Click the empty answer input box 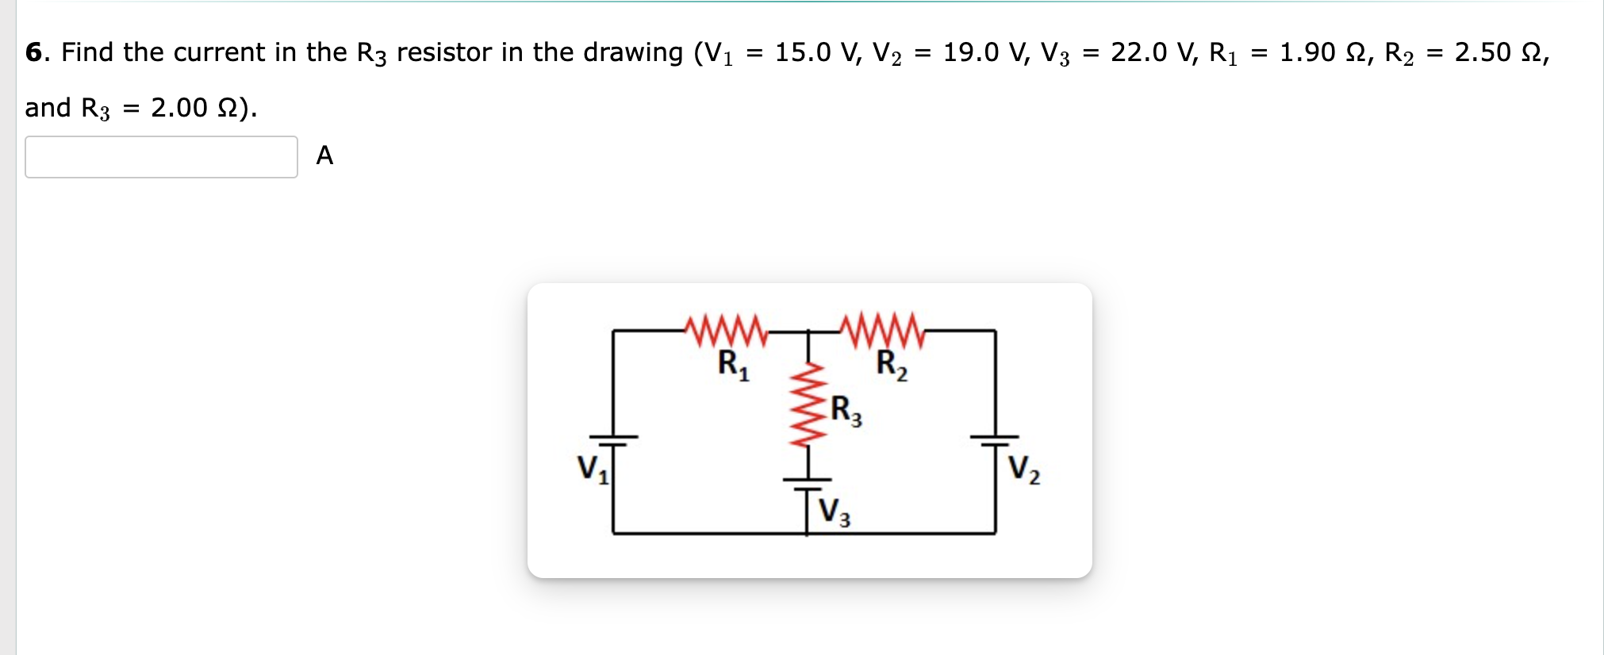161,157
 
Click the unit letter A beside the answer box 324,155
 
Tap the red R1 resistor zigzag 726,331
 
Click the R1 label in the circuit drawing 733,366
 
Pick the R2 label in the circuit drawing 892,366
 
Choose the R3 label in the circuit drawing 846,411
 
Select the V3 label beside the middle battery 834,511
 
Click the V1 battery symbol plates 612,441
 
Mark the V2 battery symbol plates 996,441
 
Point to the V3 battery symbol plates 807,485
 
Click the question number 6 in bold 33,52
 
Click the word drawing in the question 632,52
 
